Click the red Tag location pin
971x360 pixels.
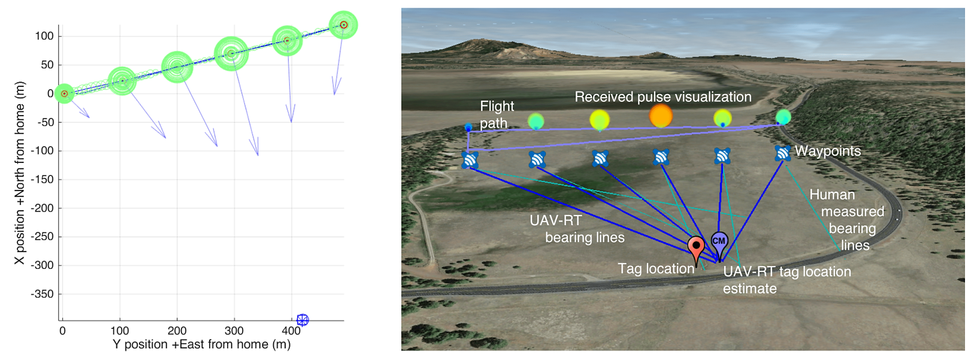[695, 247]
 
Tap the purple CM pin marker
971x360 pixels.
[719, 241]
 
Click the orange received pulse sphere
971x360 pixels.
[661, 116]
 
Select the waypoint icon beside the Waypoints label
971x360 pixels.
[782, 153]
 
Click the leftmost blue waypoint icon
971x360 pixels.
[470, 160]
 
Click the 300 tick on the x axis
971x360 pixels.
[234, 331]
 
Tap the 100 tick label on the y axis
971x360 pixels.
[44, 36]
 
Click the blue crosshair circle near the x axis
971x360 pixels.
[303, 320]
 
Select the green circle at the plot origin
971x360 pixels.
[64, 93]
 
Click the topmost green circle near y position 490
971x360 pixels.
[343, 25]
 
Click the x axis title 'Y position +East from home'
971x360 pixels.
[202, 344]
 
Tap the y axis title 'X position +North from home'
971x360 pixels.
[20, 173]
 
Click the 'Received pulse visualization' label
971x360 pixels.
[663, 97]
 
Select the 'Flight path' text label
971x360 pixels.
[496, 114]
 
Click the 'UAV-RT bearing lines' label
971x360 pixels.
[576, 229]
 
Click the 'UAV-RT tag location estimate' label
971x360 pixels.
[786, 280]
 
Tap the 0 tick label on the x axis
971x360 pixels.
[62, 331]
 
